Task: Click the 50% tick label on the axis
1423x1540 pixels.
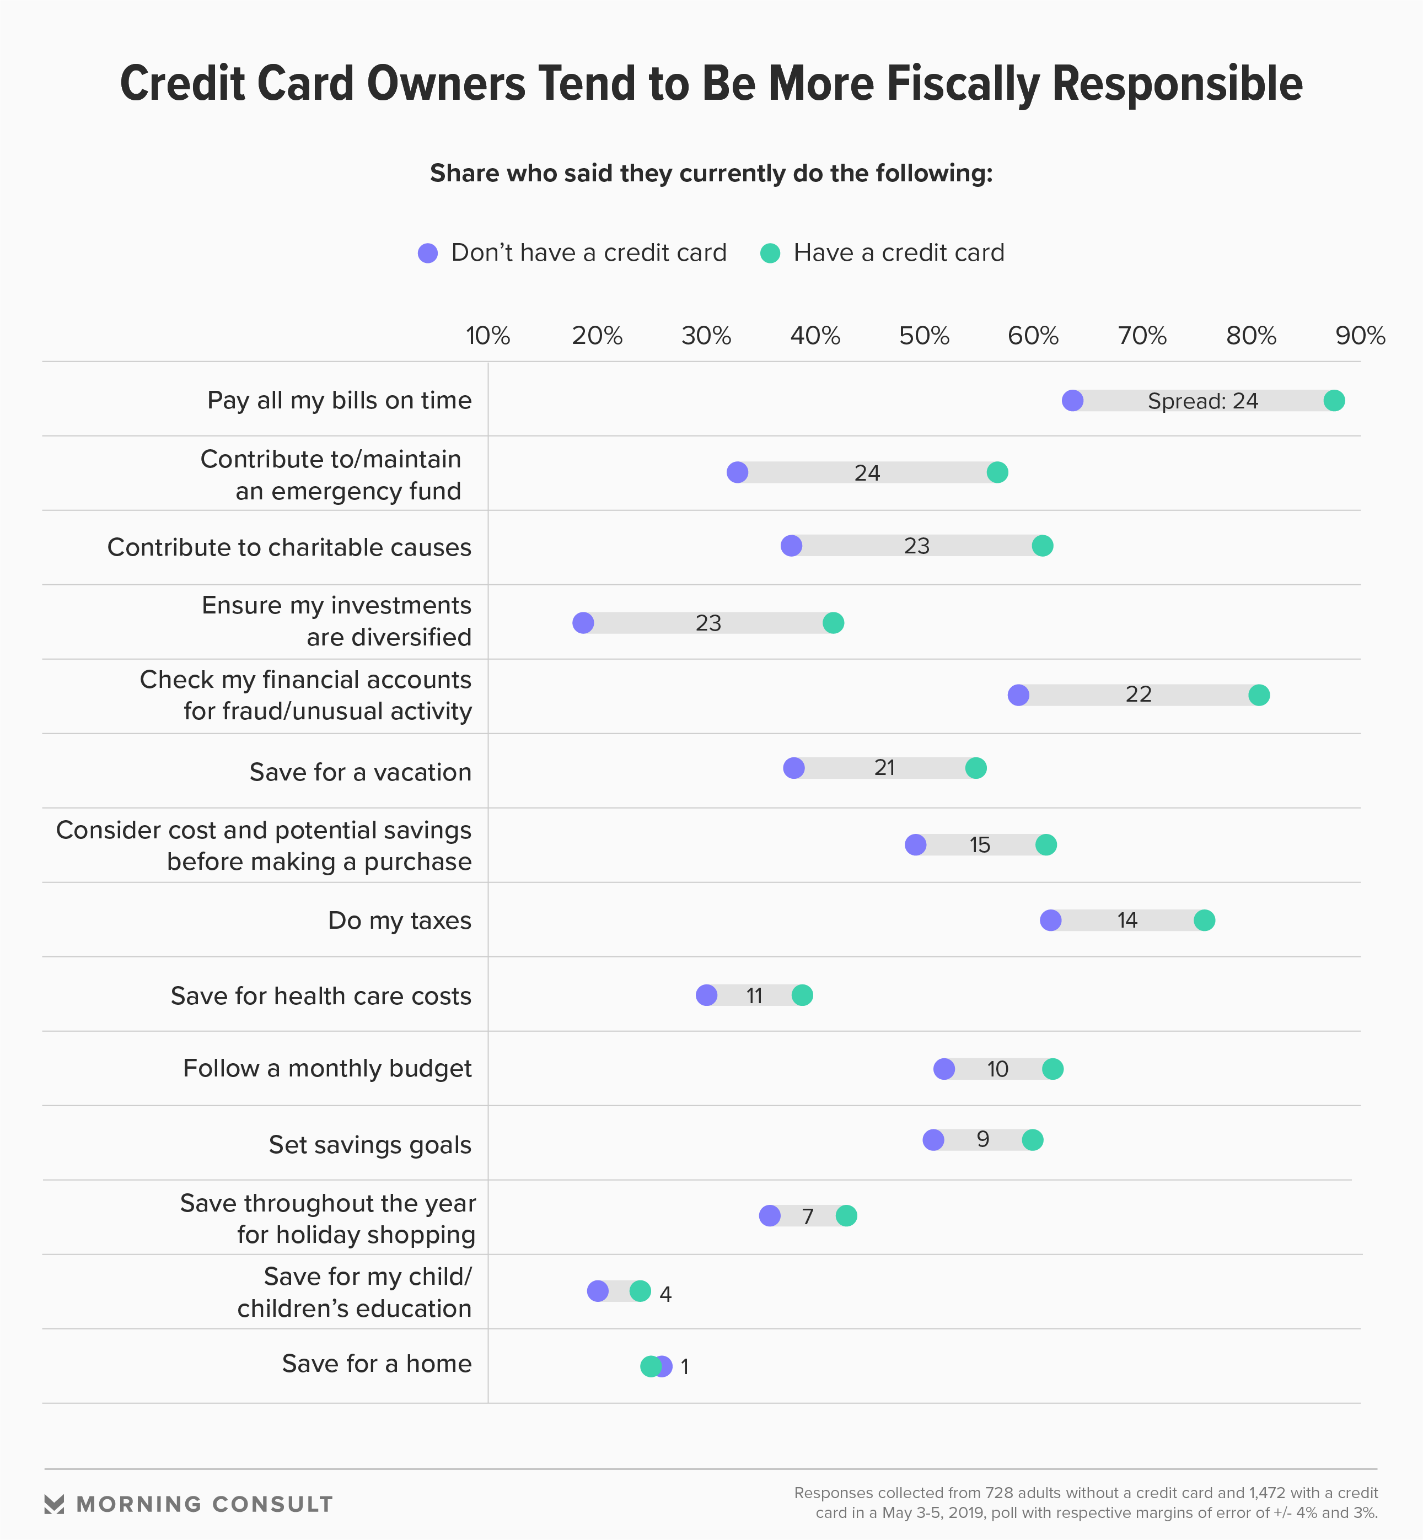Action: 924,336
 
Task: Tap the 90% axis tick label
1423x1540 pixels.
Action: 1360,336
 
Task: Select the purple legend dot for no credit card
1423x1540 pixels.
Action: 427,253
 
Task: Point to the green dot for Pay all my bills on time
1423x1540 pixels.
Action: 1334,400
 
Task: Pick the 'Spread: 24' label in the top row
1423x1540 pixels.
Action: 1202,401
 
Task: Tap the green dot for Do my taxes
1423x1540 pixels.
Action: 1204,920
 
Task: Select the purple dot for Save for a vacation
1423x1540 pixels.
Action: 794,767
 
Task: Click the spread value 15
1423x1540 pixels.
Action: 980,845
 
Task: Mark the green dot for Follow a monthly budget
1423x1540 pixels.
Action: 1053,1068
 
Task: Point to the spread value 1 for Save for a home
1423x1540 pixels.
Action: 685,1367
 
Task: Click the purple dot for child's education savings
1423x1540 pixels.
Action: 598,1291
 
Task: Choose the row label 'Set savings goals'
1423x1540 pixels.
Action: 369,1144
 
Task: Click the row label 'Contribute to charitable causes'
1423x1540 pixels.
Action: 289,547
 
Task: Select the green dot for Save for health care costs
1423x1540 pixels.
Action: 802,995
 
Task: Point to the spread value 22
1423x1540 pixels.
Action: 1138,694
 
